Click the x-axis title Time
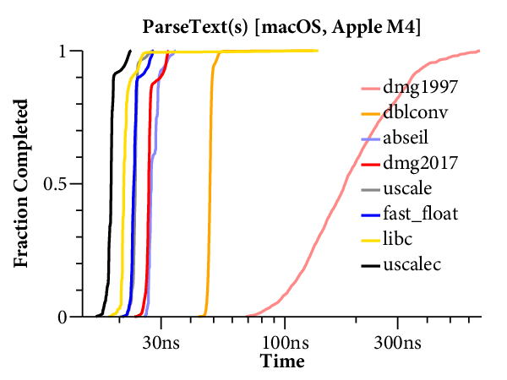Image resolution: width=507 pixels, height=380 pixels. (282, 361)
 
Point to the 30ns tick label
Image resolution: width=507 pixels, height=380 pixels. (162, 344)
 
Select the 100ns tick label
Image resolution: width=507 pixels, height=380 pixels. (285, 344)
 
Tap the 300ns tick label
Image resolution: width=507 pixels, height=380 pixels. (397, 344)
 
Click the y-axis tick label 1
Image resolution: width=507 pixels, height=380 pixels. (63, 51)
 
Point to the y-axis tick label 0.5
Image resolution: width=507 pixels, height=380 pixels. (56, 183)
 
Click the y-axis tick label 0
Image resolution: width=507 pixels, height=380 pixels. (63, 317)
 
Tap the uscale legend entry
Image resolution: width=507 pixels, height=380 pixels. (408, 188)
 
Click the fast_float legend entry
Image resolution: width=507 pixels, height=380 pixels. (420, 214)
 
